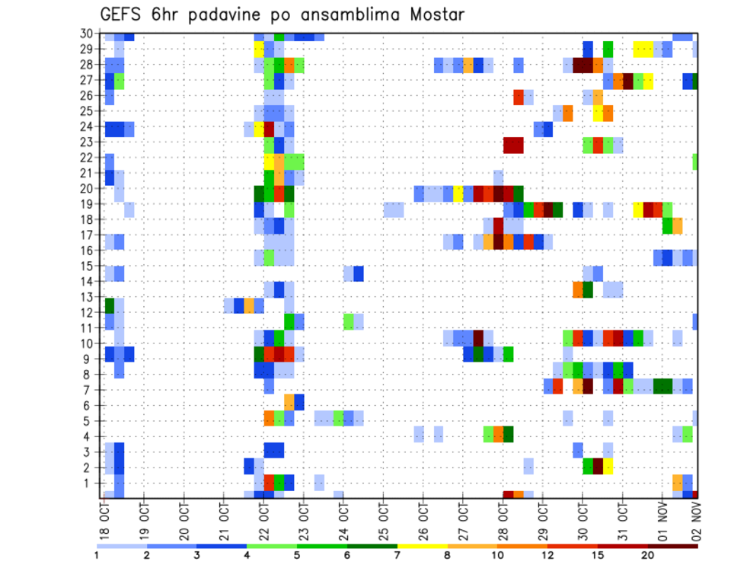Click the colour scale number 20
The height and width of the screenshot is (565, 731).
point(647,555)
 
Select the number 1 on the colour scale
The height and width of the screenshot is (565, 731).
point(97,555)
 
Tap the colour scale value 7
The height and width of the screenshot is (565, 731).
point(397,555)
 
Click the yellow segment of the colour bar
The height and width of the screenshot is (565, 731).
point(423,546)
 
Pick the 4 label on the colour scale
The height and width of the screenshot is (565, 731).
point(247,555)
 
